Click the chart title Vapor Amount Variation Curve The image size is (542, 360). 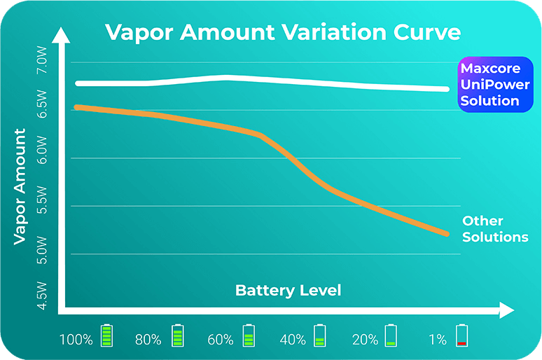click(283, 33)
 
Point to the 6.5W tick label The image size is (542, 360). click(42, 104)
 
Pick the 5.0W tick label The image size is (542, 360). click(42, 248)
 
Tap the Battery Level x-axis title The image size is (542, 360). click(288, 290)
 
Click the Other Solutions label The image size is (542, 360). click(494, 229)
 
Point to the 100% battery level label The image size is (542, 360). click(76, 340)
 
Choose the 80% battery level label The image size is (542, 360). click(148, 340)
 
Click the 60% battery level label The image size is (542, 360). click(221, 340)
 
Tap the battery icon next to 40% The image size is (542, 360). click(319, 336)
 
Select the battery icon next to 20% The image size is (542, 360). click(391, 336)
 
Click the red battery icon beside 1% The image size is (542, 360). click(461, 336)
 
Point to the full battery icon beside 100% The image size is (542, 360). click(106, 336)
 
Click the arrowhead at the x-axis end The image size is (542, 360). click(507, 309)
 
